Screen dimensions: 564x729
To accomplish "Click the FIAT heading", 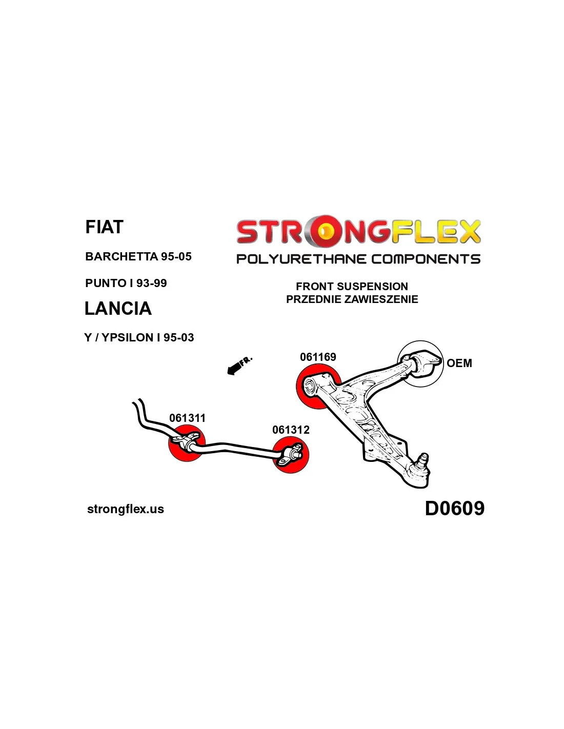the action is (x=105, y=227).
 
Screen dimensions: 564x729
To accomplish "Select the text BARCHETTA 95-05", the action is (x=138, y=256).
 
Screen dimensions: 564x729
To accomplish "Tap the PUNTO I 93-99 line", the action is (x=126, y=283).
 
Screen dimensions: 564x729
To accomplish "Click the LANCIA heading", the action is (x=118, y=308).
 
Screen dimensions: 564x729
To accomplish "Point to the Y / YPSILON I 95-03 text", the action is (x=139, y=337).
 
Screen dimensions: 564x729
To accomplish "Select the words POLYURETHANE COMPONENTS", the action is (x=358, y=259).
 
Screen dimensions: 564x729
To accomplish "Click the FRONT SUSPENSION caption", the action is (x=352, y=287).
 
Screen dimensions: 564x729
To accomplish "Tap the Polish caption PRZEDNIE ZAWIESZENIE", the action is (x=352, y=299).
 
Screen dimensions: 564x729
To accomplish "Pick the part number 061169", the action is (x=318, y=357).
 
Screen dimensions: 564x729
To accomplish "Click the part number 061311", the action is (x=187, y=418).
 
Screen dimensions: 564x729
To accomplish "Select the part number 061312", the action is (x=291, y=430).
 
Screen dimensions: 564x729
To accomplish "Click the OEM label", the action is (x=459, y=363).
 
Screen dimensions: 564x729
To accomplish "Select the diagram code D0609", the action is (x=455, y=508).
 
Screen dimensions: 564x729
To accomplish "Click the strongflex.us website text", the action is (x=126, y=509).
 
